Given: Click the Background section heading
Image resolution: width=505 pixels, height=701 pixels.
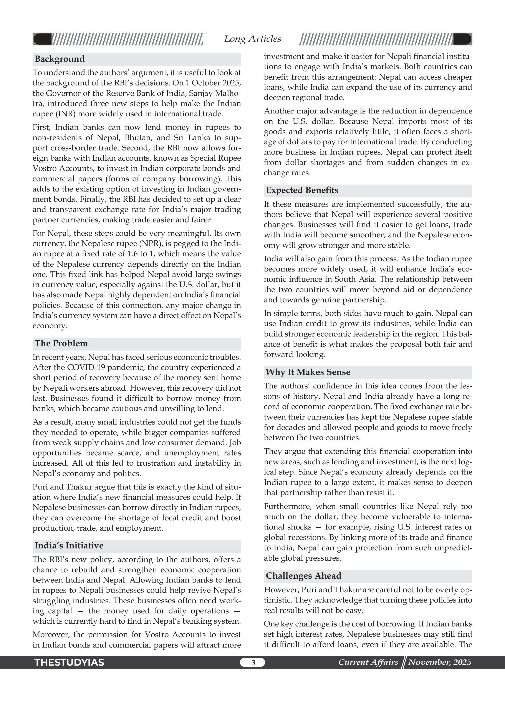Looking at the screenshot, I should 60,59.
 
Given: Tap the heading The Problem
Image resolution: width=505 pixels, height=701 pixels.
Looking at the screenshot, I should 61,343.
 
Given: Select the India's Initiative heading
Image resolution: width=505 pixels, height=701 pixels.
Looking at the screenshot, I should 69,546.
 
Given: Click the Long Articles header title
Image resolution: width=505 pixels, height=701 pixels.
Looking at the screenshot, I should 252,39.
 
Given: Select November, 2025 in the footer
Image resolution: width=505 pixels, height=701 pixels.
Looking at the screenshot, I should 440,662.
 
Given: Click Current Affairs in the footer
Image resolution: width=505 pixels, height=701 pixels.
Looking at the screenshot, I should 368,662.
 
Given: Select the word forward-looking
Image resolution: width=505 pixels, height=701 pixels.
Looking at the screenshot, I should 294,355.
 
